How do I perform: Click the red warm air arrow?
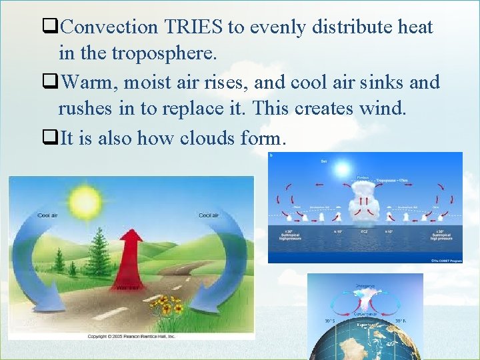(131, 257)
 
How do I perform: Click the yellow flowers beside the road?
(167, 307)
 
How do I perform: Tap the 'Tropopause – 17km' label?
(393, 180)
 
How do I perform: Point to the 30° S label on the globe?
(328, 320)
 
